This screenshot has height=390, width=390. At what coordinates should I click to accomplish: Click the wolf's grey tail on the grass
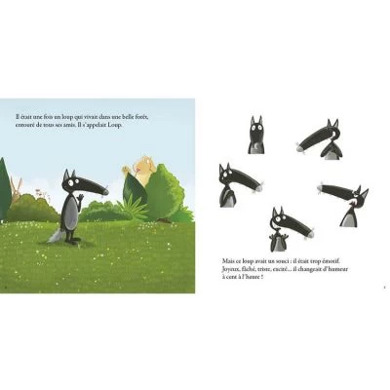(x=56, y=235)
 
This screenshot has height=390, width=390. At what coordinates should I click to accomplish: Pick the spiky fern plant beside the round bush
(x=136, y=206)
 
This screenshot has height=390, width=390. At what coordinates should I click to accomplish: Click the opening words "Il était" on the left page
(x=25, y=117)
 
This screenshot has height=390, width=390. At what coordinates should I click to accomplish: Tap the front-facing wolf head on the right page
(x=255, y=135)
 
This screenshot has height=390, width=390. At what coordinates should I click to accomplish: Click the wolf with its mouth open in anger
(x=322, y=136)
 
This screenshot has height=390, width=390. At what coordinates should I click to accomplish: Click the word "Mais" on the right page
(x=231, y=261)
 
